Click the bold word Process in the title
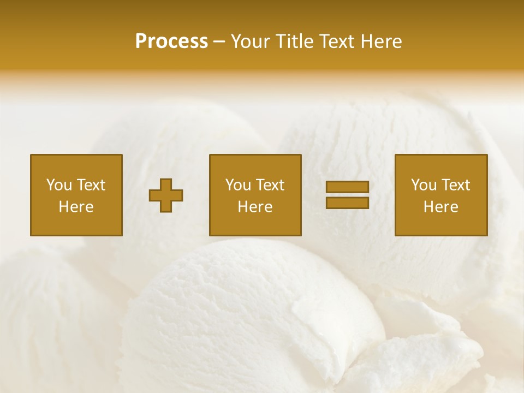coord(171,41)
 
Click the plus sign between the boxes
coord(166,195)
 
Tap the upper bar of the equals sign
coord(347,187)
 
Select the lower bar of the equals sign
coord(347,203)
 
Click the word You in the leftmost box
coord(58,185)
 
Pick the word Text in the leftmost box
coord(90,185)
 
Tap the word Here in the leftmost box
coord(76,207)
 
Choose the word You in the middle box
coord(238,185)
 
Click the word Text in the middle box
coord(270,185)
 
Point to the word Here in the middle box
coord(255,207)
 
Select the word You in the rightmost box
coord(424,185)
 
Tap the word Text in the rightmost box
coord(455,185)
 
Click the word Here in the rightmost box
coord(440,207)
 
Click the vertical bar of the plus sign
coord(166,186)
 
